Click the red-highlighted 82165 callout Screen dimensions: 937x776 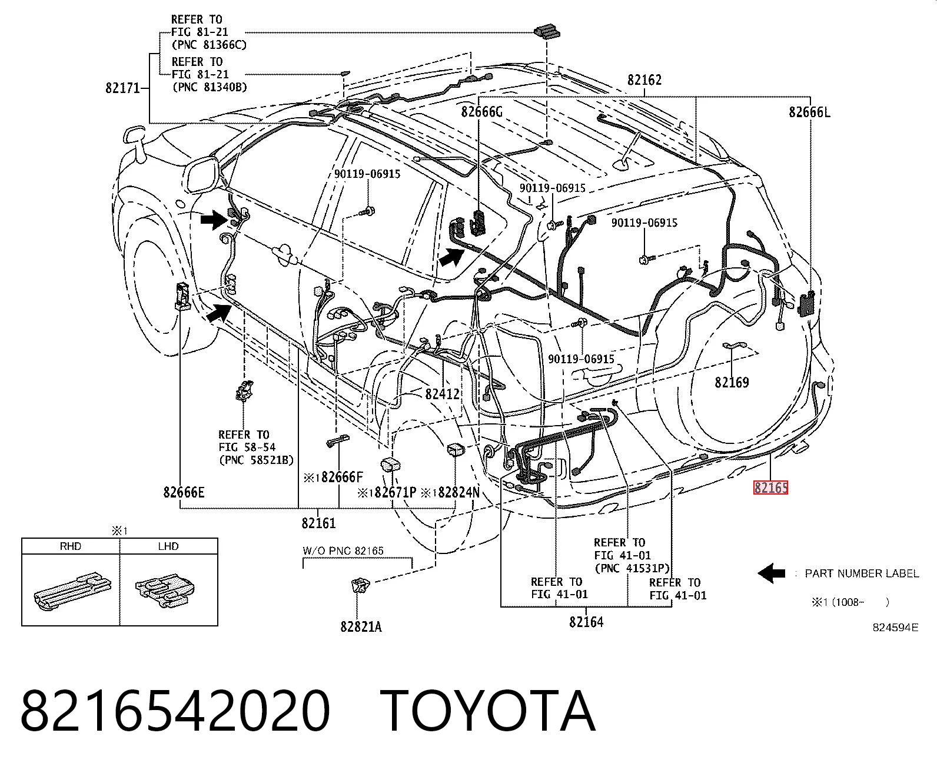[770, 488]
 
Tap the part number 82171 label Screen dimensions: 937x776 [123, 88]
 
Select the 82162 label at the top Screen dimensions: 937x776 [644, 80]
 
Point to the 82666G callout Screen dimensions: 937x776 [481, 111]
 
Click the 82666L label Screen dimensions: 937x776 [809, 112]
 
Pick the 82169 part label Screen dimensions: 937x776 [732, 383]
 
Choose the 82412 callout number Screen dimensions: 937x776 [443, 394]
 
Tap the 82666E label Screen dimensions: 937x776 [184, 493]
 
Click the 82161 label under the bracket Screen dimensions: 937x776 [318, 523]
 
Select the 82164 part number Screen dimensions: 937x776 [586, 622]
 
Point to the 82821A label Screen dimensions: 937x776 [361, 626]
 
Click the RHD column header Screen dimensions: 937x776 [71, 546]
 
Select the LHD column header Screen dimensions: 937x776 [168, 546]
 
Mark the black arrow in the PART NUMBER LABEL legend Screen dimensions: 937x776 [772, 573]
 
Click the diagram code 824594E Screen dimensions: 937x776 [895, 628]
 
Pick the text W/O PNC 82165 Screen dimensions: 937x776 [343, 551]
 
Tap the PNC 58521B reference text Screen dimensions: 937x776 [256, 460]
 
